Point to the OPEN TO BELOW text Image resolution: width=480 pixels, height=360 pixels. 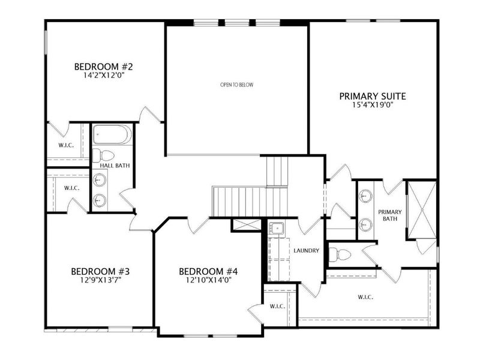237,85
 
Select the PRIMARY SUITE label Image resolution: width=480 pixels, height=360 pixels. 373,96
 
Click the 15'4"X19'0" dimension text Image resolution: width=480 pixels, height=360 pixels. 373,106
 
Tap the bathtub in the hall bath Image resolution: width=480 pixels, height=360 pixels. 112,135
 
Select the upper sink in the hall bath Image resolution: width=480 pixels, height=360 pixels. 100,179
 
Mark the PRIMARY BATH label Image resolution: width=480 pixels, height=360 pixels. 388,215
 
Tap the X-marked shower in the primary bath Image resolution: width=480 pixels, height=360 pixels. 420,210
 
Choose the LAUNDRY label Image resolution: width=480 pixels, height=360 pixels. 307,251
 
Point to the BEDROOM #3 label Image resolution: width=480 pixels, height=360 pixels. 100,271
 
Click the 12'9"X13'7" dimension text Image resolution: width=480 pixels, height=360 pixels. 100,280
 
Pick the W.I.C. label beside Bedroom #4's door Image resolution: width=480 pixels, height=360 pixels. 277,306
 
